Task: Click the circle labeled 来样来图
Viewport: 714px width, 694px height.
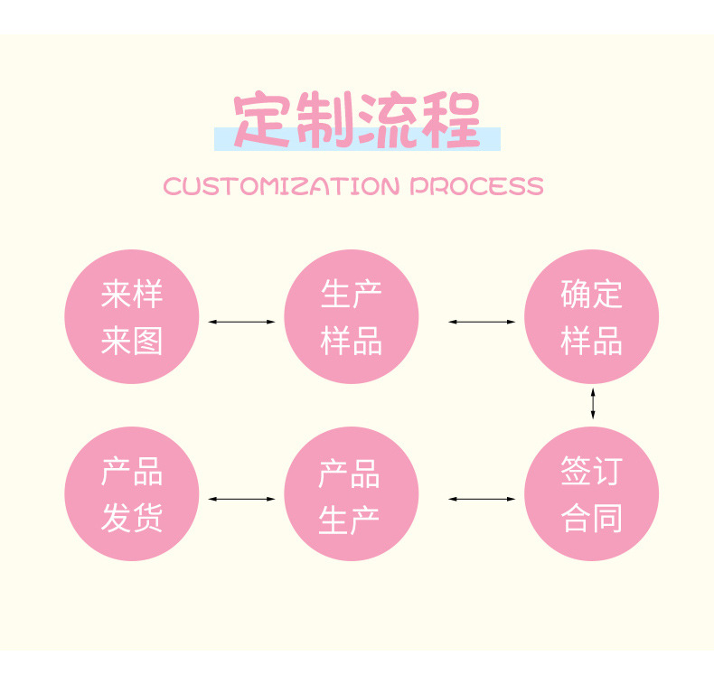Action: point(131,317)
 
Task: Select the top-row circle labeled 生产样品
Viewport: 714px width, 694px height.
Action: point(352,317)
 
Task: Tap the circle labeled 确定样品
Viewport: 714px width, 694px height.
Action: point(592,317)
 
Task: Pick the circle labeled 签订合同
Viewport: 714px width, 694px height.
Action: point(592,494)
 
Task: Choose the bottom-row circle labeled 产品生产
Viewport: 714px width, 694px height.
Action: point(352,494)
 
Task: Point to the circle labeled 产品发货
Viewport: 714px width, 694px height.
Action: point(131,494)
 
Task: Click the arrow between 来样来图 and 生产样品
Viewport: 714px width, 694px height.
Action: point(241,321)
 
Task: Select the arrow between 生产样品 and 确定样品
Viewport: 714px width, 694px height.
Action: point(482,321)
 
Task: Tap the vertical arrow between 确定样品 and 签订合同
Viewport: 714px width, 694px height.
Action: point(593,403)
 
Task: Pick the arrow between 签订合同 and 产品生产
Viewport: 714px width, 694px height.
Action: point(482,498)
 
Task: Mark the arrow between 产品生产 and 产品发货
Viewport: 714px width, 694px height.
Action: point(241,498)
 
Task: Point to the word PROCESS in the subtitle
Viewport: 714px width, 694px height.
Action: point(477,186)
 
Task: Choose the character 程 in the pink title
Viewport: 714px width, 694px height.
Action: point(452,120)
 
